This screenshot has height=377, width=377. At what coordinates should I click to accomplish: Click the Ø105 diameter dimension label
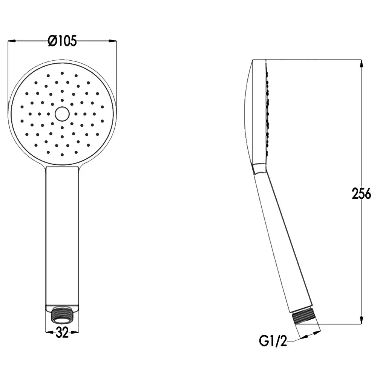[62, 41]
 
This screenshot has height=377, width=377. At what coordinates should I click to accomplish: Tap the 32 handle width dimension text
[62, 333]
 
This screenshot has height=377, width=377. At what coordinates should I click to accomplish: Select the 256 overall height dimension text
[362, 193]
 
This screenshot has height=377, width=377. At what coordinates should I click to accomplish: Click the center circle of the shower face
[62, 114]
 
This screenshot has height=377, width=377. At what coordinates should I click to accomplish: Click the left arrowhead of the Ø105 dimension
[12, 41]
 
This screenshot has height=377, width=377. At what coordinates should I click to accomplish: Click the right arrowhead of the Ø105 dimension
[112, 41]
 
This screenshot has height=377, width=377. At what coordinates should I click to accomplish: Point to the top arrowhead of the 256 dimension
[361, 63]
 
